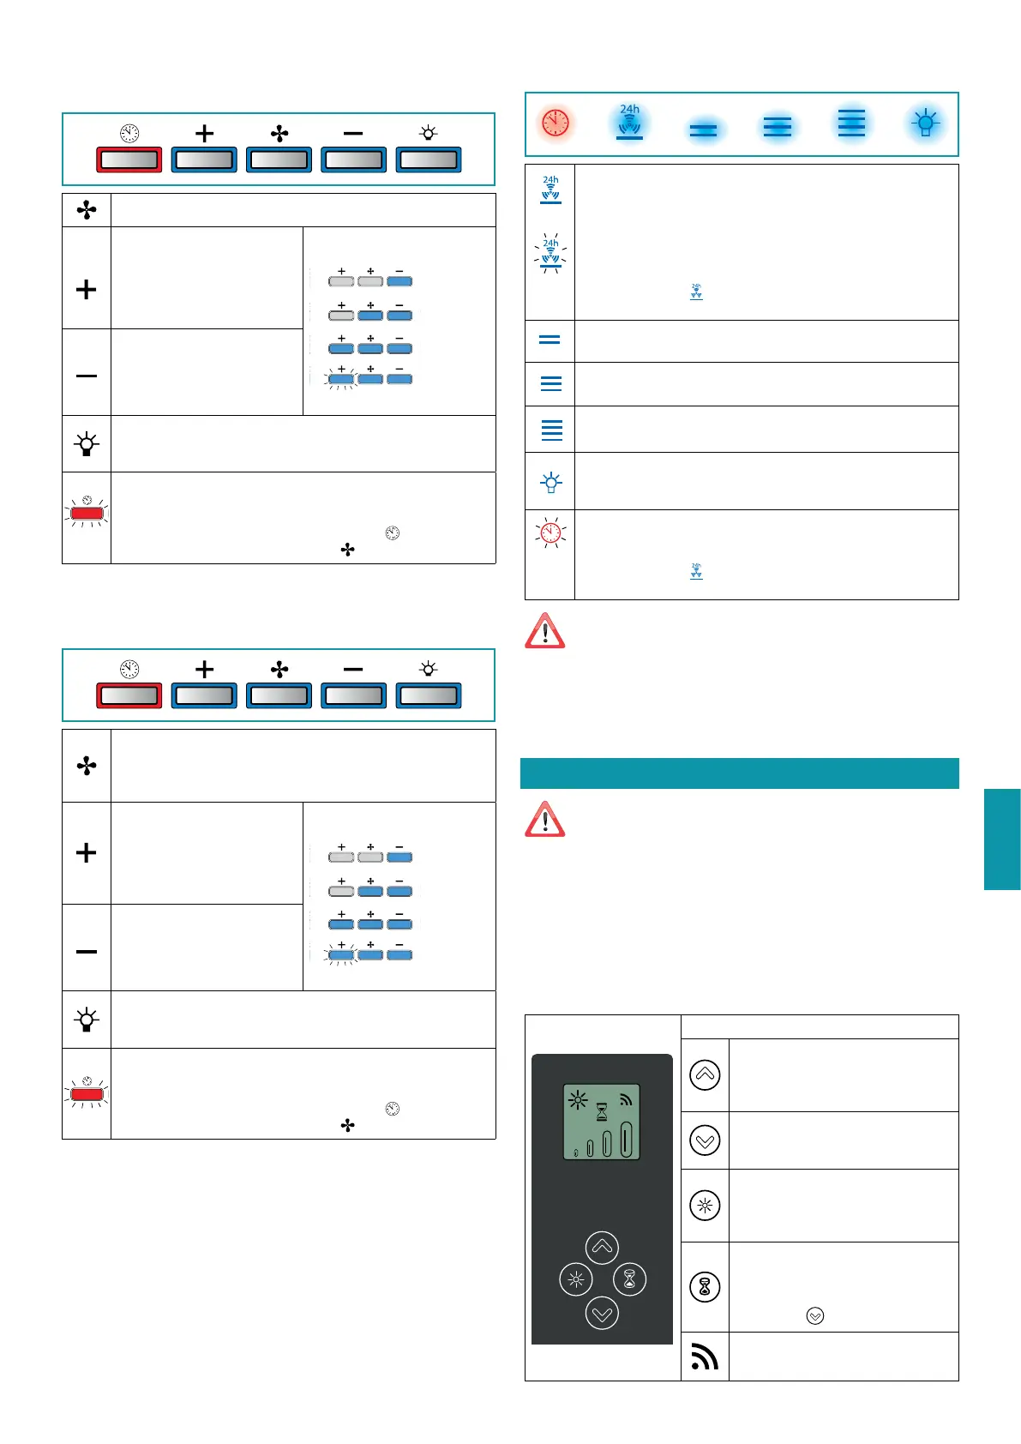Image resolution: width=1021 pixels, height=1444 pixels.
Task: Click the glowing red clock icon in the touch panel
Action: coord(556,123)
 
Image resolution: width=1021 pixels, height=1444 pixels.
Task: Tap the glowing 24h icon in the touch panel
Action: coord(630,123)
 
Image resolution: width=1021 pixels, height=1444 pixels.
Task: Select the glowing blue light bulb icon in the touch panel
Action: coord(925,123)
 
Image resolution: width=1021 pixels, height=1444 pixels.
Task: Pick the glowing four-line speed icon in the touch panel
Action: coord(851,123)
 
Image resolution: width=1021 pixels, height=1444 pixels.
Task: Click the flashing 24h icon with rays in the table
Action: coord(550,253)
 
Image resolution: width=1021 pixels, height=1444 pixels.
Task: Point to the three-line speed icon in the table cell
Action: coord(551,384)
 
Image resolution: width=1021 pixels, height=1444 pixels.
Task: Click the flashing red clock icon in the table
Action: coord(550,532)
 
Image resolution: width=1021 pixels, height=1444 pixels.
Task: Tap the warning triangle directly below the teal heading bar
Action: coord(545,819)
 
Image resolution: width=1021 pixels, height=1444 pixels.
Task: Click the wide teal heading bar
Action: coord(739,773)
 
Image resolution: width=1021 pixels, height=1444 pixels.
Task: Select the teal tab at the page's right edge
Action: coord(1002,839)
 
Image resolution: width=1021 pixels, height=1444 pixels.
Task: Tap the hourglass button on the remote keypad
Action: coord(630,1279)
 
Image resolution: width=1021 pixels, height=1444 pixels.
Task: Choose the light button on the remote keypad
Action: coord(576,1279)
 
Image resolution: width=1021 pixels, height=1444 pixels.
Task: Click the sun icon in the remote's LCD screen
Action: coord(578,1100)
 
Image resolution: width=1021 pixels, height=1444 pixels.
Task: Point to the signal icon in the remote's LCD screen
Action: coord(626,1099)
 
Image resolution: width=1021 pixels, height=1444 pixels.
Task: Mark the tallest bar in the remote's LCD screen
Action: coord(626,1140)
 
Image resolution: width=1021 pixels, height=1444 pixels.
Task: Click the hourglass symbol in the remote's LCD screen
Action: coord(602,1112)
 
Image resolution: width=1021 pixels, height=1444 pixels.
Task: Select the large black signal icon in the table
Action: coord(705,1356)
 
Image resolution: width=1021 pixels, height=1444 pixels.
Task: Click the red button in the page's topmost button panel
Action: coord(129,159)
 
